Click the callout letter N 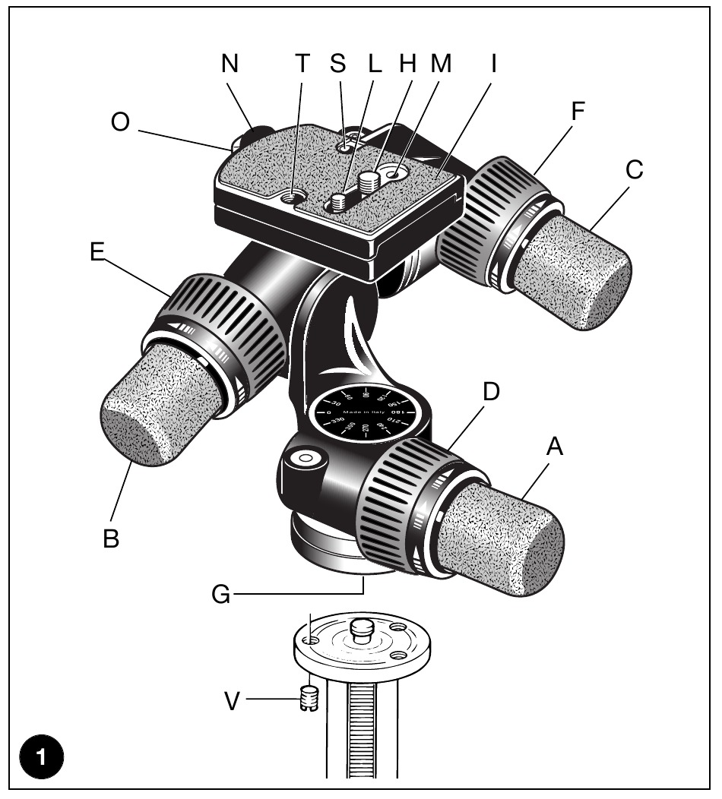click(230, 65)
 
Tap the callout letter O click(121, 124)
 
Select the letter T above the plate click(303, 65)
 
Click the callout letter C click(635, 171)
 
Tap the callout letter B click(111, 540)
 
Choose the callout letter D click(492, 393)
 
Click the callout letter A click(556, 449)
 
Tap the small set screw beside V click(309, 698)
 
